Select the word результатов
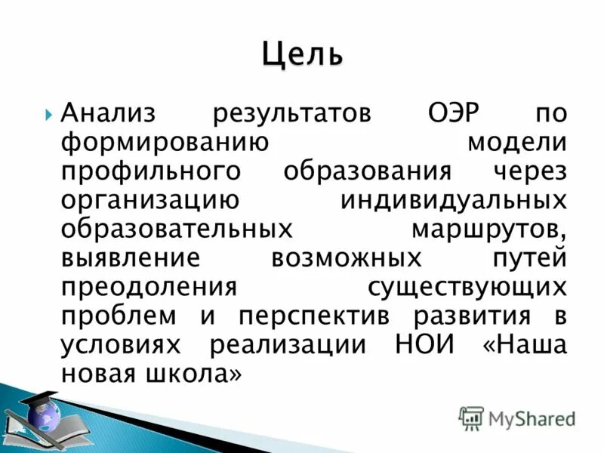coord(291,114)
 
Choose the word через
coord(528,172)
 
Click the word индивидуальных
coord(453,201)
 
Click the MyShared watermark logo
coord(518,418)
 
